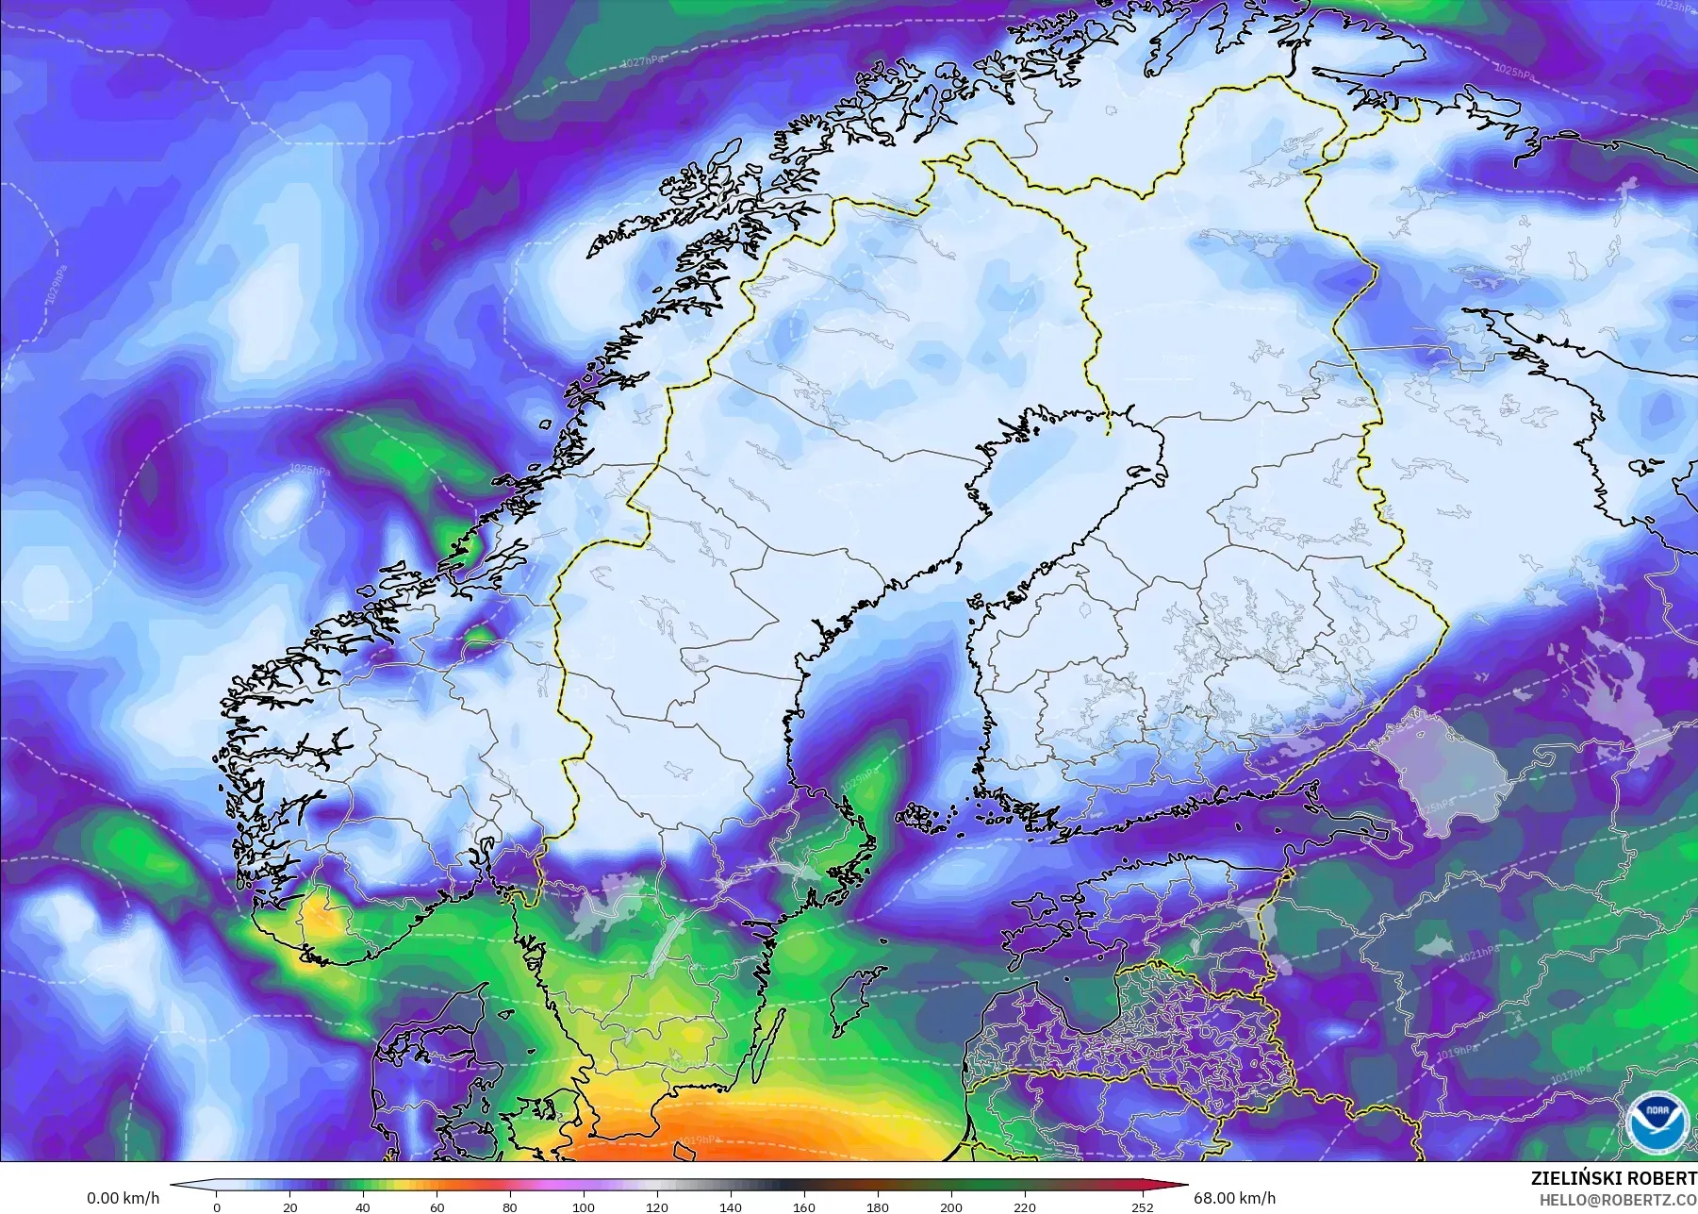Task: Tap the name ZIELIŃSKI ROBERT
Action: click(x=1614, y=1178)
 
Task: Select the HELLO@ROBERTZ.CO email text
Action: click(x=1618, y=1200)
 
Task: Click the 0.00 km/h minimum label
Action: click(x=123, y=1199)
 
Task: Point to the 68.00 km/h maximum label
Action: click(x=1234, y=1199)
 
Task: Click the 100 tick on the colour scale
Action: click(x=584, y=1206)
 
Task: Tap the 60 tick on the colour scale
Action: click(x=437, y=1206)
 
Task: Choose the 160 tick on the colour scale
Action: click(x=803, y=1206)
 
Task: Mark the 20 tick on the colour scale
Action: click(x=289, y=1206)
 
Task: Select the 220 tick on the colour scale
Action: click(x=1024, y=1206)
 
